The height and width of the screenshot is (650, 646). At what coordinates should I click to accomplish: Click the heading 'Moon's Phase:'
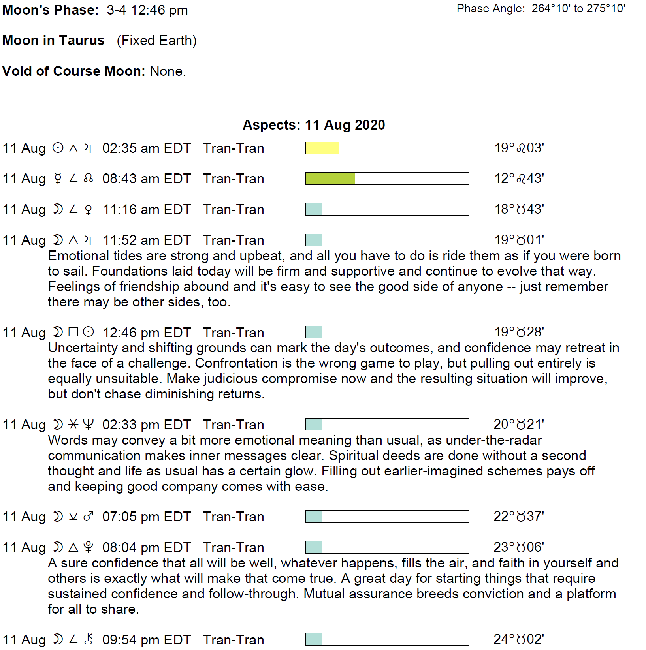click(50, 10)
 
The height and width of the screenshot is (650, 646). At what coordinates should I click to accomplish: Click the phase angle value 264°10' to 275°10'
click(578, 8)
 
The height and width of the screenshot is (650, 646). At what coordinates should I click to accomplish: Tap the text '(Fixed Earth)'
click(156, 41)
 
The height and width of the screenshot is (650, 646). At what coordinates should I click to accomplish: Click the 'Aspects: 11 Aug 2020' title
click(314, 125)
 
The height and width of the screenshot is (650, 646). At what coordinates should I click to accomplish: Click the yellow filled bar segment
click(322, 148)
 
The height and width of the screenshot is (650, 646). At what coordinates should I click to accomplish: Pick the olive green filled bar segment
click(330, 178)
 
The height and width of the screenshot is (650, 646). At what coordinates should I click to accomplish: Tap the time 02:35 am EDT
click(147, 148)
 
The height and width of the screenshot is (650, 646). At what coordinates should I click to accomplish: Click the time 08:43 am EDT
click(147, 179)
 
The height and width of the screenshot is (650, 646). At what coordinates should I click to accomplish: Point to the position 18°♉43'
click(519, 209)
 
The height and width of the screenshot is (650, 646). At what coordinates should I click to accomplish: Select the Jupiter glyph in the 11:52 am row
click(89, 240)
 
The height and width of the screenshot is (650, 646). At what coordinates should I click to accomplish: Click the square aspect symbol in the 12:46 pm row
click(73, 332)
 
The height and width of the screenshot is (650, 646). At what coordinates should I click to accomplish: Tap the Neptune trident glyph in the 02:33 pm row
click(89, 425)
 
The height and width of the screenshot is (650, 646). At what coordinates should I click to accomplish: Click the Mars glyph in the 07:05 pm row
click(89, 517)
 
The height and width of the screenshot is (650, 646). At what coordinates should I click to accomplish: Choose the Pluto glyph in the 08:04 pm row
click(89, 547)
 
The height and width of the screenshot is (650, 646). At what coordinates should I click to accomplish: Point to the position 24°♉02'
click(519, 639)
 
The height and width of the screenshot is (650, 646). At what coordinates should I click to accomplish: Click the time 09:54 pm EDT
click(147, 640)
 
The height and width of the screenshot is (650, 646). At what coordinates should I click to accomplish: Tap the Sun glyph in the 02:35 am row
click(58, 148)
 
